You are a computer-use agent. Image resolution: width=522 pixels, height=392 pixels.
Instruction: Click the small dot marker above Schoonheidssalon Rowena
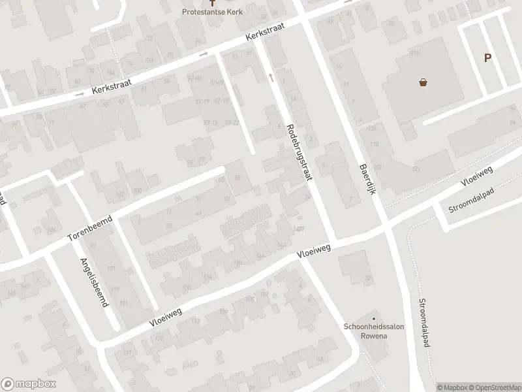click(375, 319)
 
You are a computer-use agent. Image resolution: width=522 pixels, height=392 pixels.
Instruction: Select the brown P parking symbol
click(487, 58)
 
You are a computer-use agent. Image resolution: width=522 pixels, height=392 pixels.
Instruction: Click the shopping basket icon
click(423, 83)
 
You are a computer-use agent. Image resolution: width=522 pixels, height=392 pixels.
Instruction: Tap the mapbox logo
click(27, 384)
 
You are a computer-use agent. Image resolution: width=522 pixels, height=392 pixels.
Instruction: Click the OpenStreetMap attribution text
click(495, 387)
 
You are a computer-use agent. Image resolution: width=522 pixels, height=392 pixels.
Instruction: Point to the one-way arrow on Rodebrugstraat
click(271, 77)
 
